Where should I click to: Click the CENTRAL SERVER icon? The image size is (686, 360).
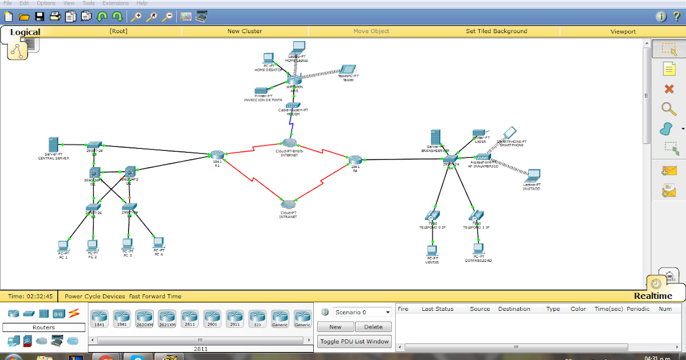click(54, 145)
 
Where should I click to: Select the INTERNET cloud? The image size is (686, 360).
click(289, 142)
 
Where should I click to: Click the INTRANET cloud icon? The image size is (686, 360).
click(289, 204)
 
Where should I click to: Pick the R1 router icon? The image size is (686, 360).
click(217, 155)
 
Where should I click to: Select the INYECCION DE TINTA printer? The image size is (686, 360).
click(262, 91)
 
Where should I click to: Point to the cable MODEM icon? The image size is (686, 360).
click(293, 105)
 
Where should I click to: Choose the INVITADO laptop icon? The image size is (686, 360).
click(533, 175)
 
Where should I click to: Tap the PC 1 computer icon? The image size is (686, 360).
click(63, 246)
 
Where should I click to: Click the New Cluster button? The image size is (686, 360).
click(245, 31)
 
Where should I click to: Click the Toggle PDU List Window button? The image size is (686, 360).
click(354, 342)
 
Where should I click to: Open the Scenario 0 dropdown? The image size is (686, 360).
click(362, 312)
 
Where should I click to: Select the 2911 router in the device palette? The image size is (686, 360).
click(235, 317)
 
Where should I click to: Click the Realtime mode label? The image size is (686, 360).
click(653, 296)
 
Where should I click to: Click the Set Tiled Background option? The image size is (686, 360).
click(496, 31)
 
